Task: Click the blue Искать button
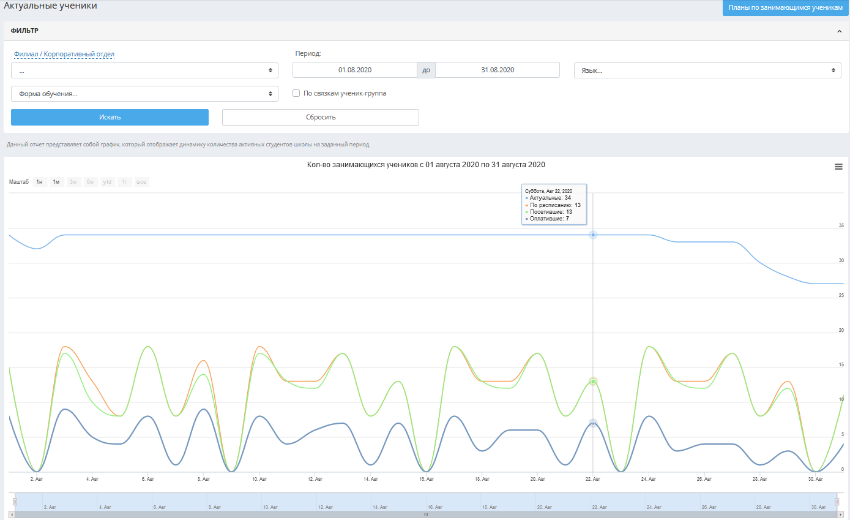pos(110,117)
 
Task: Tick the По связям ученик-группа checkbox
pos(296,93)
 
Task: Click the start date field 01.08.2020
pos(355,70)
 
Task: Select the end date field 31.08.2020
pos(498,70)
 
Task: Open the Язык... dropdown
pos(707,70)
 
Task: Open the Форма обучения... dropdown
pos(144,94)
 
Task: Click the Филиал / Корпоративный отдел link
pos(64,54)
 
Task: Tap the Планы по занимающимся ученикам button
pos(786,7)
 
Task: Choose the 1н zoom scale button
pos(39,182)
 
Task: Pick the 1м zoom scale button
pos(56,182)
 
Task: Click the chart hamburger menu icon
pos(838,167)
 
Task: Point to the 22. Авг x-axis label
pos(593,479)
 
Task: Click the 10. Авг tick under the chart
pos(259,479)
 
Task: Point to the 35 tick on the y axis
pos(841,225)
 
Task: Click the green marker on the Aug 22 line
pos(593,381)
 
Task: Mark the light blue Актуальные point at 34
pos(593,235)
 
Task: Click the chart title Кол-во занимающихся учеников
pos(426,165)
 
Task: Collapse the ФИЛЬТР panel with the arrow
pos(840,31)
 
